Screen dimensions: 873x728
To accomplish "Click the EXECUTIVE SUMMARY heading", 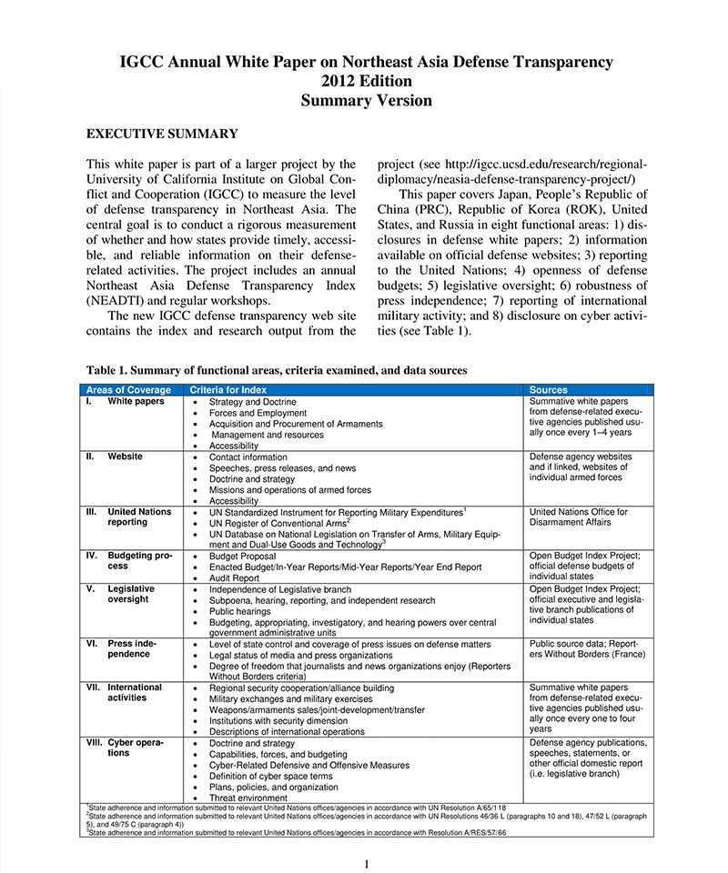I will pos(162,134).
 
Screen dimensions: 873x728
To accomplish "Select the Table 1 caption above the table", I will pos(277,370).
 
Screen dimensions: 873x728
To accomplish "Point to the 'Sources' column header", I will pos(548,390).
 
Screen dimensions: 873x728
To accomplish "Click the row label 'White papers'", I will pos(136,401).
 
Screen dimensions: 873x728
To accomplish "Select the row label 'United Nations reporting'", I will pos(138,517).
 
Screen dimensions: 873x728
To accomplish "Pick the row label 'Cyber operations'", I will pos(135,748).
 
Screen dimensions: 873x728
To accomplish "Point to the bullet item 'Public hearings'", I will pos(241,612).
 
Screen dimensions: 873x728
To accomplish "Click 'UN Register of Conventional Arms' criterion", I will pos(278,524).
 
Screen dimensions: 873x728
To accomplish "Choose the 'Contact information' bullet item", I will pos(248,457).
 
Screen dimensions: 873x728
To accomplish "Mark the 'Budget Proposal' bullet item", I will pos(243,555).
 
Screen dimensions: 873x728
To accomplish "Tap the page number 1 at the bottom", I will pos(366,863).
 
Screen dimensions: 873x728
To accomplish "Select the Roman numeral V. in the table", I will pos(90,589).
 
